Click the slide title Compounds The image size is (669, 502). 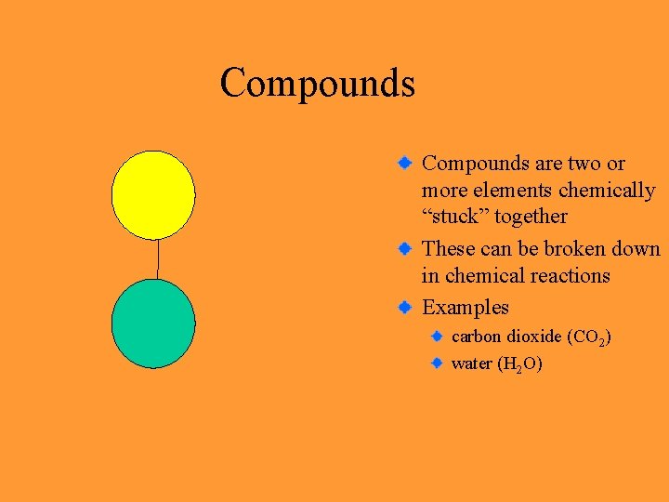[x=317, y=83]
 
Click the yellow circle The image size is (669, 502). [x=153, y=194]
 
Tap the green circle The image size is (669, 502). [x=153, y=324]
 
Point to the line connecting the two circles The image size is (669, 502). [x=158, y=258]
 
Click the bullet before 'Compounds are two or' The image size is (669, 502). [x=405, y=163]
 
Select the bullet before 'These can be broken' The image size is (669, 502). [x=405, y=248]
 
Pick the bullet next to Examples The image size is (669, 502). [x=405, y=306]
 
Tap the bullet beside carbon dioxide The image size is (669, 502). [x=437, y=335]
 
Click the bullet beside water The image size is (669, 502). [x=437, y=363]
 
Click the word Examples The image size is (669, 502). [x=466, y=307]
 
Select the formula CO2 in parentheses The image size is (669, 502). [x=588, y=337]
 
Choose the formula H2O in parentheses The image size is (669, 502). [x=520, y=364]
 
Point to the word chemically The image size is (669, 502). [x=608, y=191]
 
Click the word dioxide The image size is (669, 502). [x=533, y=336]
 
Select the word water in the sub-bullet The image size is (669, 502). [x=472, y=363]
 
